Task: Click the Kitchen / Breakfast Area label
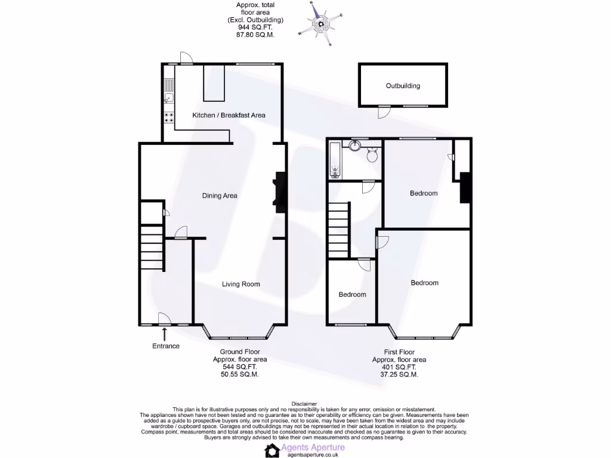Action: click(229, 115)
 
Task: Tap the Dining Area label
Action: click(220, 196)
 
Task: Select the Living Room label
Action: click(241, 284)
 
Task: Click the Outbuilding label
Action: click(403, 86)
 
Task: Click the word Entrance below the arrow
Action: click(165, 346)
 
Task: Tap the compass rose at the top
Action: click(322, 23)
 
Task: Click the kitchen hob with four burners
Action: click(169, 117)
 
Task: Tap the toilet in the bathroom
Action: click(373, 156)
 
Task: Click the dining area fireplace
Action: click(279, 192)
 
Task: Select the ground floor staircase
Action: click(151, 250)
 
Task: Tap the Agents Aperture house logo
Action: click(272, 450)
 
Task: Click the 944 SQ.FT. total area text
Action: click(255, 27)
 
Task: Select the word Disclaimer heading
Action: click(305, 404)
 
